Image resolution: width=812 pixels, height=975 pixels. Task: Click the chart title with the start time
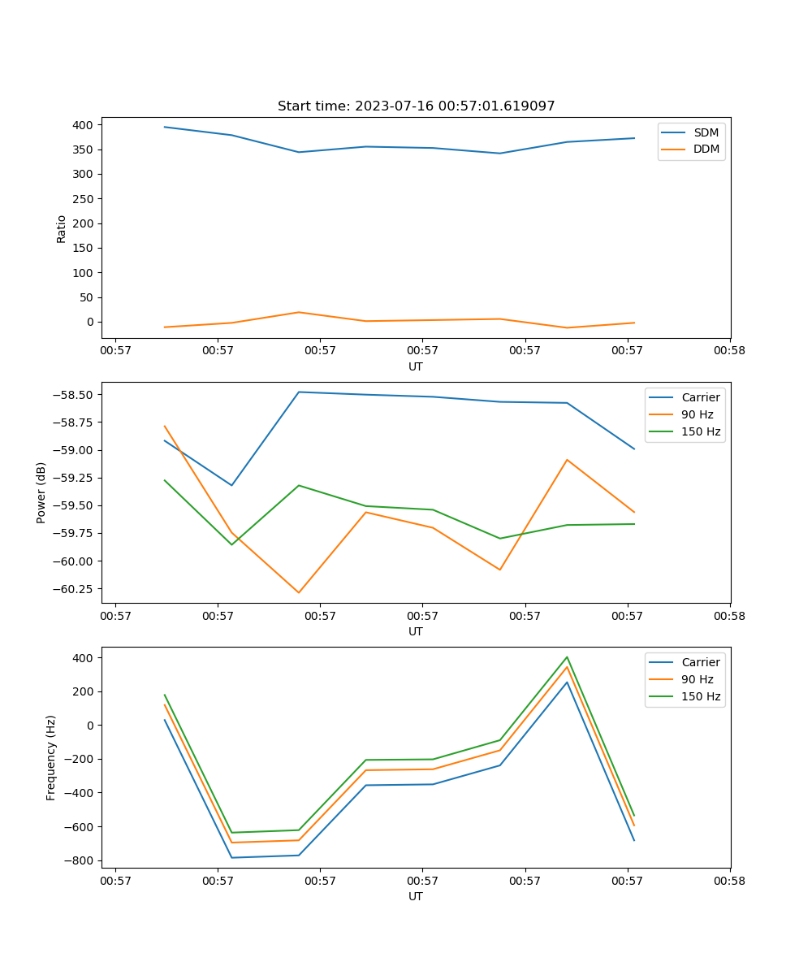tap(416, 106)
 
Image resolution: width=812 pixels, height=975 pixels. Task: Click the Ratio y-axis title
tap(62, 228)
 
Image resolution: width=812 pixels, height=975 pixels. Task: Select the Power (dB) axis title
tap(41, 492)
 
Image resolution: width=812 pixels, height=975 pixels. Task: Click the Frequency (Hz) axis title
tap(51, 757)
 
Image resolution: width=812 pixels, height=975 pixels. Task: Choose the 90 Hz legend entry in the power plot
tap(697, 414)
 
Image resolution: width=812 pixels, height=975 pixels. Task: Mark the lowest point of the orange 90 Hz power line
tap(299, 592)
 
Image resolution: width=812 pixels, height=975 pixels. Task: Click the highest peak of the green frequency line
tap(567, 656)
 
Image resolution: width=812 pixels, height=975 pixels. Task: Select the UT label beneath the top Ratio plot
tap(416, 366)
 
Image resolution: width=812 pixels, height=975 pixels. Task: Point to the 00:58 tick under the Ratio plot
tap(730, 351)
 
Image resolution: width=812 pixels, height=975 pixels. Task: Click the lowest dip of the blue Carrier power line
tap(232, 485)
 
